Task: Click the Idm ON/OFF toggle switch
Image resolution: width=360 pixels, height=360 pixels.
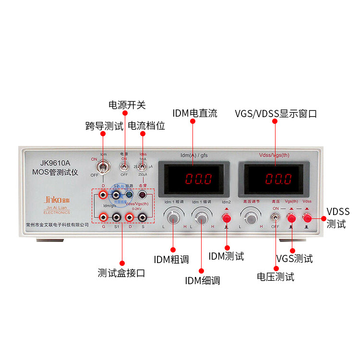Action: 102,168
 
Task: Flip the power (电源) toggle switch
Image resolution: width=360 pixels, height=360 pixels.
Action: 124,167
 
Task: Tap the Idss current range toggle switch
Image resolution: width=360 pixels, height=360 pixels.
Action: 143,167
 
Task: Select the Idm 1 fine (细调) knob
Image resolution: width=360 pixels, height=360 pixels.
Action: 202,218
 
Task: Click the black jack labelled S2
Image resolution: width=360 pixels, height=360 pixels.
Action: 116,195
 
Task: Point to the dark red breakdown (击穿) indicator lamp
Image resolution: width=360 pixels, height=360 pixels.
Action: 142,195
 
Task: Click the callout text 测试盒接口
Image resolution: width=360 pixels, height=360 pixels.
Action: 121,273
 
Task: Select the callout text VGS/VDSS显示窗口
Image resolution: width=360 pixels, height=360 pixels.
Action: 276,114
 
